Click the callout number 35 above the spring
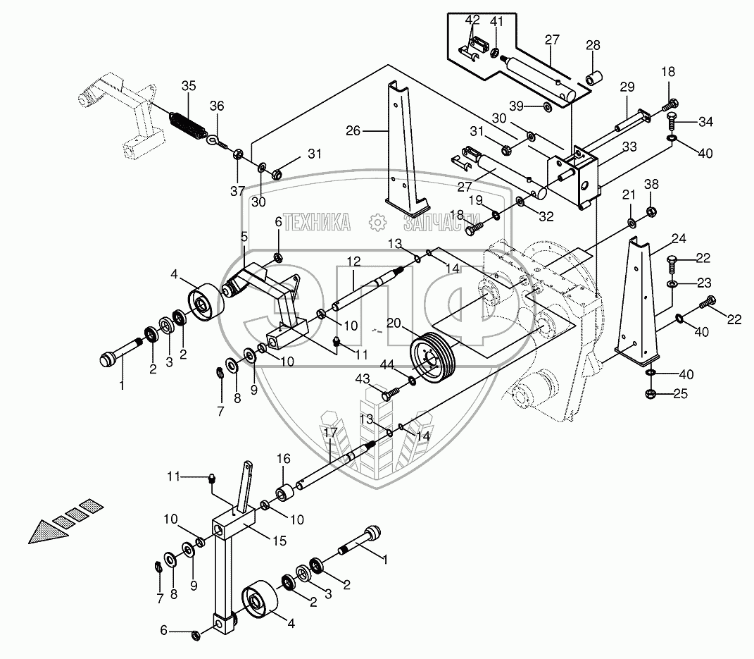(189, 86)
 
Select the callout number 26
(353, 130)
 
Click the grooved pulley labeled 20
(431, 357)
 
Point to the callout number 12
(353, 261)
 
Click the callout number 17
(330, 432)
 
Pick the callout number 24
(679, 238)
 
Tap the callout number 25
(680, 394)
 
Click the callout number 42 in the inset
(472, 20)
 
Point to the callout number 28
(593, 45)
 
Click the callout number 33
(629, 147)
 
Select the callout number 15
(279, 540)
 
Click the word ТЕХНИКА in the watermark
(317, 223)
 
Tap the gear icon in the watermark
(377, 222)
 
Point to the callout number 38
(652, 184)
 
